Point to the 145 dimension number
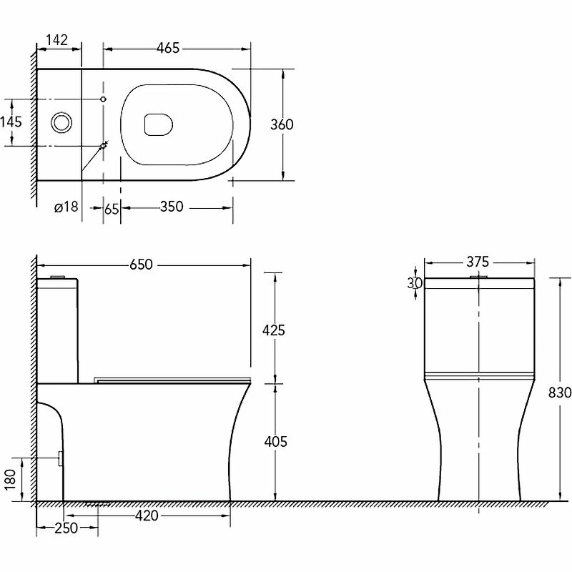(x=11, y=122)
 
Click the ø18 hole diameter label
(x=65, y=207)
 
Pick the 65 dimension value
(x=112, y=208)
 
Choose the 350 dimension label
(x=172, y=207)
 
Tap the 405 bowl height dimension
(x=275, y=442)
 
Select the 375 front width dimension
(x=478, y=262)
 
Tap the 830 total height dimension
(x=560, y=393)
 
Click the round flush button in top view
(x=61, y=122)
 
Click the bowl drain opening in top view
(x=158, y=125)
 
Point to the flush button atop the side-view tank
(x=58, y=276)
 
